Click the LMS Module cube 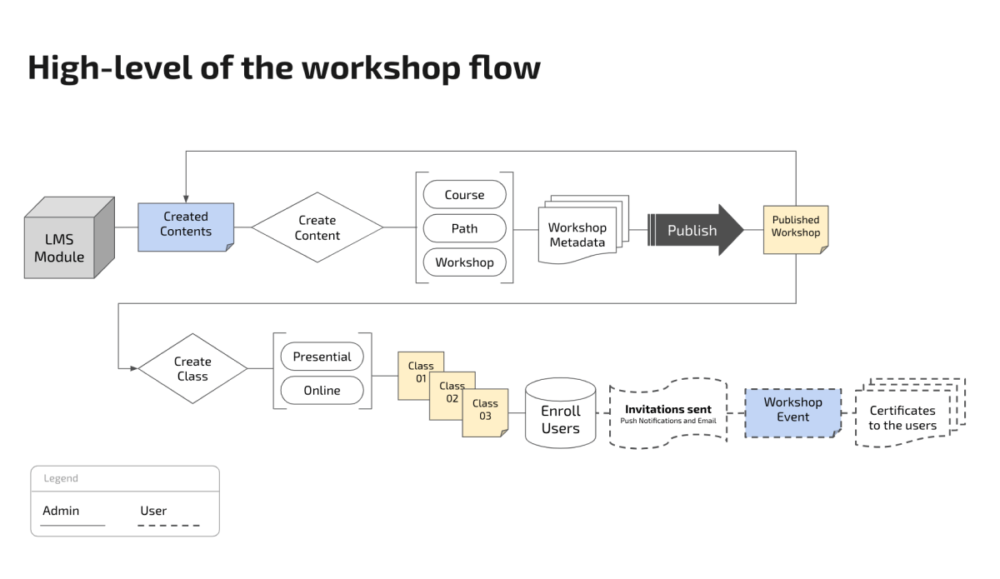pyautogui.click(x=69, y=237)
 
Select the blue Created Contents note pyautogui.click(x=186, y=227)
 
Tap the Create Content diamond pyautogui.click(x=317, y=227)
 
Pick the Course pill pyautogui.click(x=464, y=194)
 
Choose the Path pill pyautogui.click(x=464, y=228)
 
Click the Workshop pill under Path pyautogui.click(x=464, y=262)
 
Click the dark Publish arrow pyautogui.click(x=695, y=230)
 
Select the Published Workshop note pyautogui.click(x=796, y=230)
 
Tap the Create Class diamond pyautogui.click(x=192, y=369)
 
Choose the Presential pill pyautogui.click(x=322, y=357)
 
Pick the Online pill pyautogui.click(x=322, y=390)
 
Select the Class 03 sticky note pyautogui.click(x=485, y=413)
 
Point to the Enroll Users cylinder pyautogui.click(x=560, y=413)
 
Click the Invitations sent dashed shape pyautogui.click(x=667, y=413)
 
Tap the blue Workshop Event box pyautogui.click(x=792, y=413)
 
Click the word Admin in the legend pyautogui.click(x=61, y=510)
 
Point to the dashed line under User pyautogui.click(x=168, y=526)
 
